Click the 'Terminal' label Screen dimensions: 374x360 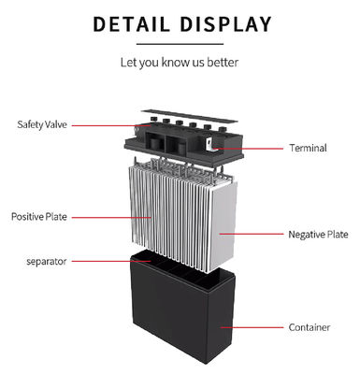pyautogui.click(x=308, y=148)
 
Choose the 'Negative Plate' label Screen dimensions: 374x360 pyautogui.click(x=318, y=234)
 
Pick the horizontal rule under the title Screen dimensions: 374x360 pyautogui.click(x=180, y=43)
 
